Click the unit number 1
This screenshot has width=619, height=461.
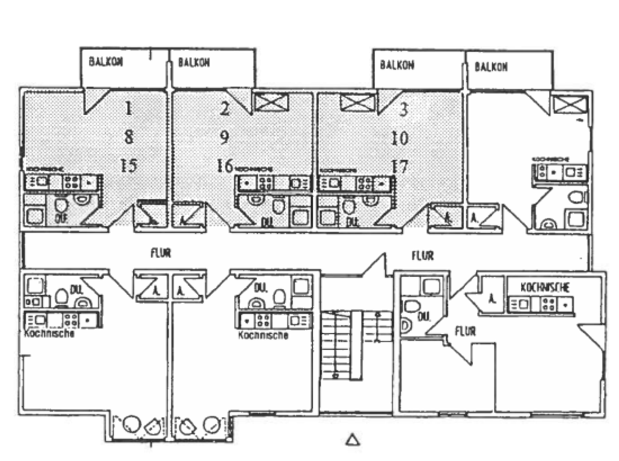click(128, 108)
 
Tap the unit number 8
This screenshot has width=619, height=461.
click(129, 137)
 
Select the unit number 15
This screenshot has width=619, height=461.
click(129, 165)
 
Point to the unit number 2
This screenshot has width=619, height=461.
click(224, 108)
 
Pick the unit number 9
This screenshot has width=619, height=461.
click(224, 137)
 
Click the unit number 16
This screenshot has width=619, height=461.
click(225, 166)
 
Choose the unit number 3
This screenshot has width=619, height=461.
click(403, 110)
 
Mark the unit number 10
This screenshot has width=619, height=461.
click(400, 138)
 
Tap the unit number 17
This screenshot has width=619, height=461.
click(400, 167)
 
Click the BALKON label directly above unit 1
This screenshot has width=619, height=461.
click(106, 62)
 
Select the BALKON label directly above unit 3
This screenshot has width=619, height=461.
click(397, 65)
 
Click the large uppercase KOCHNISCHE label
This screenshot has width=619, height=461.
click(545, 287)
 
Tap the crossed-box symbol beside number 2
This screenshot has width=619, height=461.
click(271, 102)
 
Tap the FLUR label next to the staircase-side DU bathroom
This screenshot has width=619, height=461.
click(465, 331)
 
